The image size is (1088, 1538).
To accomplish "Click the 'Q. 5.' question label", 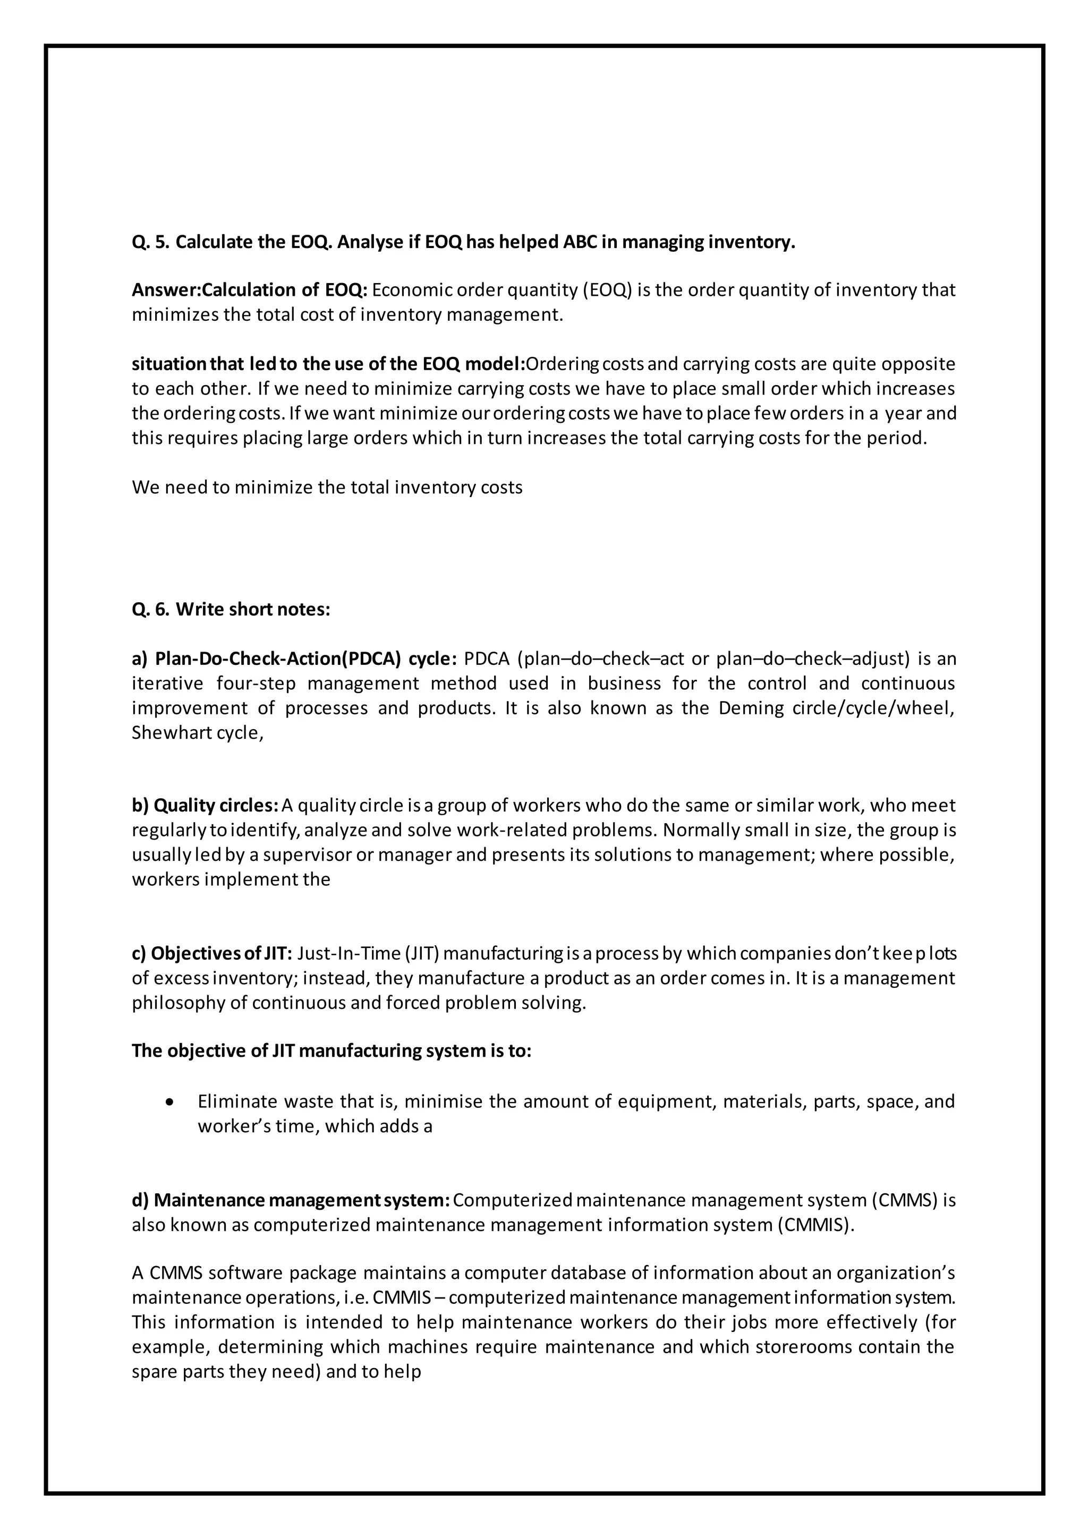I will tap(151, 242).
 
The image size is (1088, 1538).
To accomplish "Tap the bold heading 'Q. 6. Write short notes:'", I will tap(231, 610).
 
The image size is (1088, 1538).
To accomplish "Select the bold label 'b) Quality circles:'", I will tap(205, 805).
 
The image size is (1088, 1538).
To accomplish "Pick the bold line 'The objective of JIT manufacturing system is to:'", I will tap(331, 1050).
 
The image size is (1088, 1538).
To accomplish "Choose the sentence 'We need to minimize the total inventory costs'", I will tap(327, 487).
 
